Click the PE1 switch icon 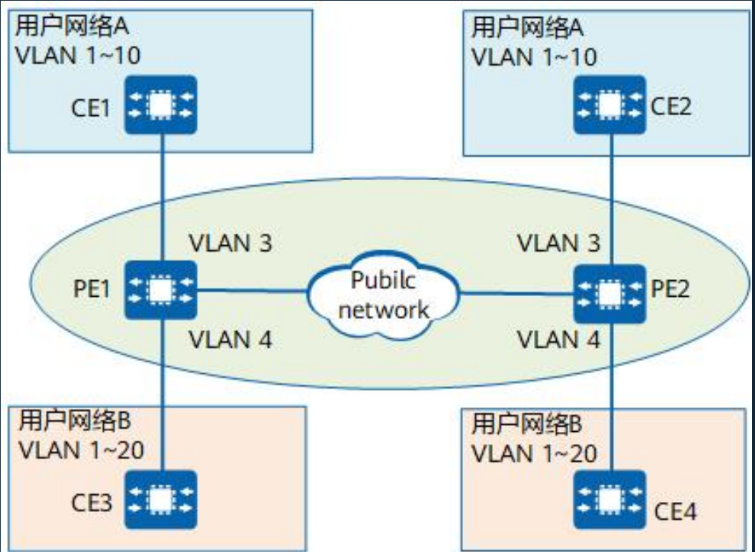click(x=161, y=290)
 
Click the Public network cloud click(x=383, y=292)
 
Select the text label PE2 click(x=672, y=292)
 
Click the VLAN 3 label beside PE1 click(x=230, y=243)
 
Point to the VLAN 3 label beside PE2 click(x=557, y=243)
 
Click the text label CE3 click(x=92, y=503)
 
